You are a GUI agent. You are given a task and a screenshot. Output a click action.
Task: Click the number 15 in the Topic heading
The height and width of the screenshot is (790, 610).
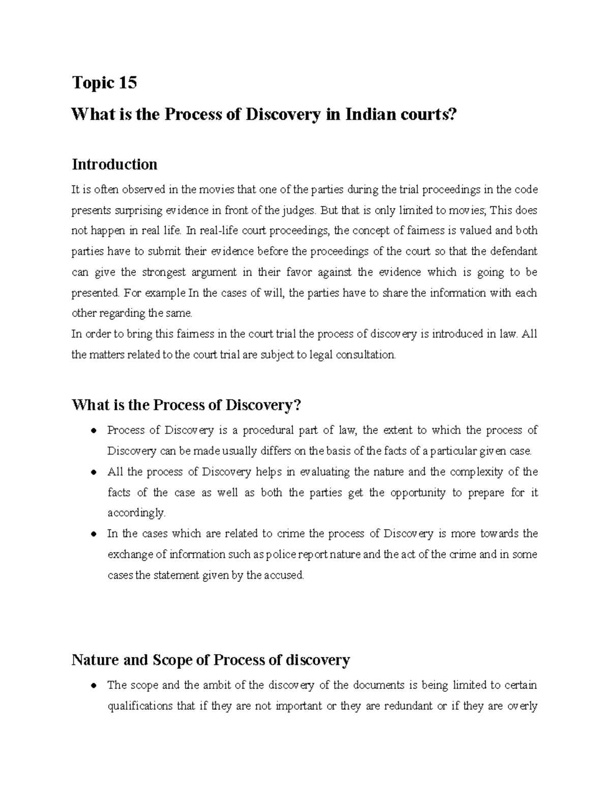pos(128,82)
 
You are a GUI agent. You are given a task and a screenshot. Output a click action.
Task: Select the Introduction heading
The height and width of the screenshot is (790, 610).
pos(114,164)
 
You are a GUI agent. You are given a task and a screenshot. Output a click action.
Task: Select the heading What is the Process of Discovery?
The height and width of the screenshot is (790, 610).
pos(187,405)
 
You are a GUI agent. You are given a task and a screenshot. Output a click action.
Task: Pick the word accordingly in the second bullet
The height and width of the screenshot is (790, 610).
pos(136,513)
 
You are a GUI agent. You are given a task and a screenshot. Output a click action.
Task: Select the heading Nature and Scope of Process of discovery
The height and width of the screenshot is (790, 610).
pos(210,660)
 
